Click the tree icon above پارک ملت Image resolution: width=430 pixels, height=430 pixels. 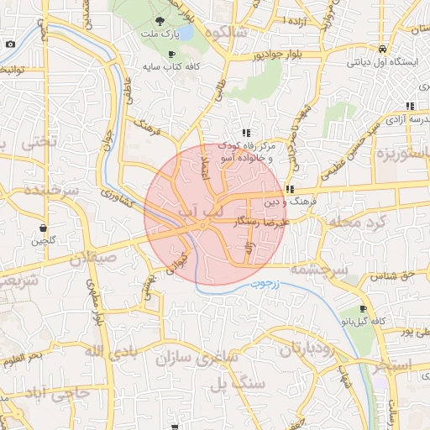pyautogui.click(x=160, y=21)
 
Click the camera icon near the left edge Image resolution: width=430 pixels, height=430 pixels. pyautogui.click(x=10, y=45)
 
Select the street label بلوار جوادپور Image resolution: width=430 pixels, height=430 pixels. pyautogui.click(x=257, y=55)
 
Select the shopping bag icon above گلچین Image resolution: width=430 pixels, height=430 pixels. pyautogui.click(x=43, y=228)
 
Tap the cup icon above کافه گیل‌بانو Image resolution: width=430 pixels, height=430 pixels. pyautogui.click(x=362, y=308)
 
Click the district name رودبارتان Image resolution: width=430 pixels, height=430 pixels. pyautogui.click(x=298, y=348)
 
